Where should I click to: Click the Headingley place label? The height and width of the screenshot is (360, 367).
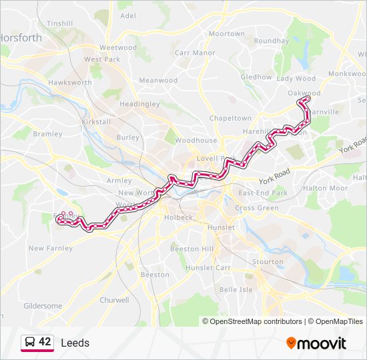point(139,104)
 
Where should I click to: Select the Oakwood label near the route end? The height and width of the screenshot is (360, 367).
point(304,93)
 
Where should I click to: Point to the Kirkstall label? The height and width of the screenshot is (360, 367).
point(95,123)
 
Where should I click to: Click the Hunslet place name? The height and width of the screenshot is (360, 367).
point(221,227)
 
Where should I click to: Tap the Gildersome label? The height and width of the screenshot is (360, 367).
point(43,306)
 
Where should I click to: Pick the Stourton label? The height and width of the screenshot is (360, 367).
point(268,262)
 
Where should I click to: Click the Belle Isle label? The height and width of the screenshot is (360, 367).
point(236,289)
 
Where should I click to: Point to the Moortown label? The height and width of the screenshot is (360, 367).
point(227,33)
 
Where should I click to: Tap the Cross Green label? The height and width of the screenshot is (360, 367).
point(257,208)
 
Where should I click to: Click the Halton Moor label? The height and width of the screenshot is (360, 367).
point(326,188)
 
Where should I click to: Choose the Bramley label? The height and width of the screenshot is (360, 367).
point(47,134)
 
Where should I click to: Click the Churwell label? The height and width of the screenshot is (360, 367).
point(114,300)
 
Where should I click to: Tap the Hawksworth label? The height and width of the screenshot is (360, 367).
point(70,83)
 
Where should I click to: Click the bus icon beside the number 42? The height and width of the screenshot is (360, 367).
point(30,342)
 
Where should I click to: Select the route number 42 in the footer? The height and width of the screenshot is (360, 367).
point(45,342)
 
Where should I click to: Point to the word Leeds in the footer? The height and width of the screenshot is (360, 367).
point(75,343)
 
